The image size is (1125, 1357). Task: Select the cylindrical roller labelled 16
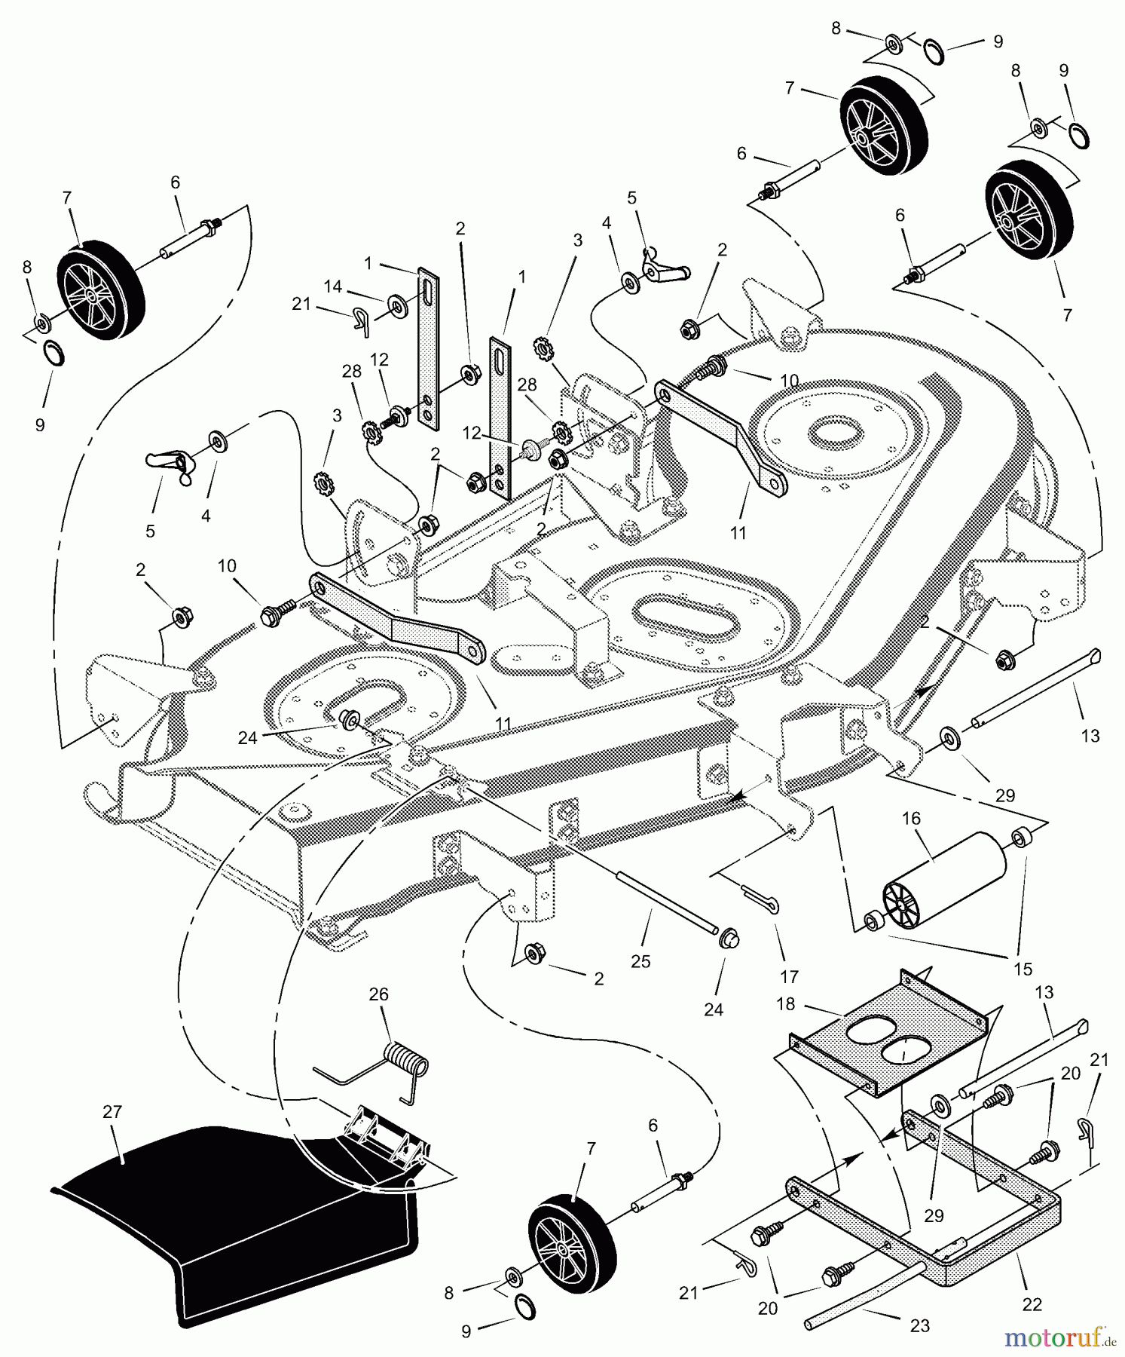coord(945,883)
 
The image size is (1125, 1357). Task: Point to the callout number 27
coord(112,1112)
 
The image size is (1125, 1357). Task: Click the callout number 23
coord(920,1325)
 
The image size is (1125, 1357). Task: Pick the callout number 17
coord(789,977)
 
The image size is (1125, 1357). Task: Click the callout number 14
coord(333,286)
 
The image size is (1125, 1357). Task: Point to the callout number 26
coord(379,994)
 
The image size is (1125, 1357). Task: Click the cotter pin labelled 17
coord(761,897)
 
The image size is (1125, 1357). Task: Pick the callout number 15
coord(1023,969)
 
